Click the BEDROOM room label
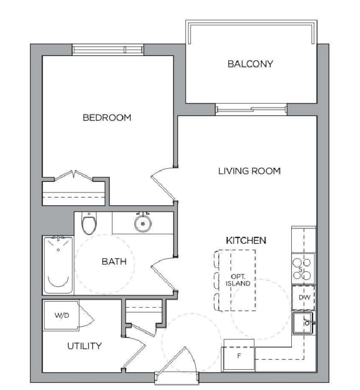tap(107, 118)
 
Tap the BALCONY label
tap(250, 64)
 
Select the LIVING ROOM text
tap(249, 171)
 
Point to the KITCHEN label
tap(246, 240)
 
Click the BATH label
tap(114, 261)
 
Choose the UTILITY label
tap(84, 346)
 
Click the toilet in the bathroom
tap(89, 223)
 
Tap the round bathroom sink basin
tap(143, 223)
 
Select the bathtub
tap(59, 265)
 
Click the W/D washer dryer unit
tap(61, 316)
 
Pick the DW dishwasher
tap(303, 297)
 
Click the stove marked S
tap(303, 269)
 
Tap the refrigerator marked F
tap(239, 356)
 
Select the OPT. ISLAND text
tap(238, 280)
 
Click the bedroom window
tap(108, 50)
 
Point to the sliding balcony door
tap(251, 109)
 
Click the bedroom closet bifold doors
tap(74, 176)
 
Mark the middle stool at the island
tap(217, 280)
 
